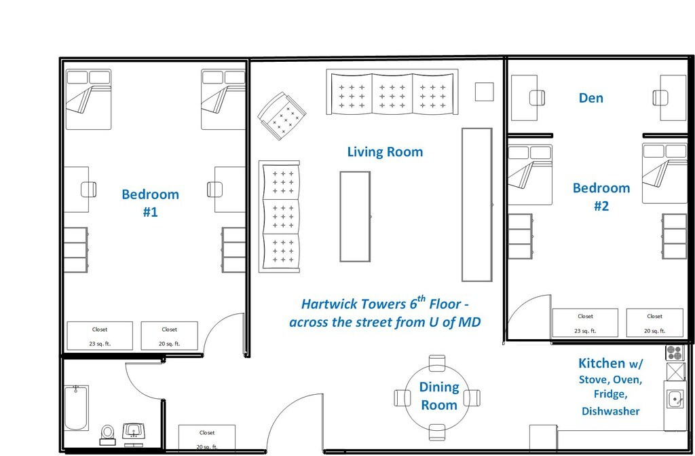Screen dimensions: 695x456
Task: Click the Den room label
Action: point(591,98)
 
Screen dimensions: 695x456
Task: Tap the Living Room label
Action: point(385,152)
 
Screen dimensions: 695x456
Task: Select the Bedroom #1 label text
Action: point(150,203)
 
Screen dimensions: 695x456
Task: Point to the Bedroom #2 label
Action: point(601,196)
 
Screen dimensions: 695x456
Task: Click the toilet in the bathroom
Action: point(107,435)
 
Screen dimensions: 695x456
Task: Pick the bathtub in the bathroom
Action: point(76,408)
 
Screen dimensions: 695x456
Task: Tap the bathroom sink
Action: point(133,433)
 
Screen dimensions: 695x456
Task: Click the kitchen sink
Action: point(675,399)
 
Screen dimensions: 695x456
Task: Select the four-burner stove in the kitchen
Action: point(675,353)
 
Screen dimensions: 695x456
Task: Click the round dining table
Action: point(437,397)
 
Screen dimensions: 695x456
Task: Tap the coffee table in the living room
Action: point(355,216)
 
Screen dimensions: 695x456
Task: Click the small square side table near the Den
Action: point(484,92)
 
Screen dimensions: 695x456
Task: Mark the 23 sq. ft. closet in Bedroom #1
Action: point(100,336)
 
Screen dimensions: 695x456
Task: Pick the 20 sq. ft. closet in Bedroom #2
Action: point(654,323)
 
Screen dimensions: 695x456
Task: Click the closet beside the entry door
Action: point(206,438)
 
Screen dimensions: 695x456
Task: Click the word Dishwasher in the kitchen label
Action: point(610,411)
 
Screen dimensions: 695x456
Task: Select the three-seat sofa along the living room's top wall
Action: point(392,92)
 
